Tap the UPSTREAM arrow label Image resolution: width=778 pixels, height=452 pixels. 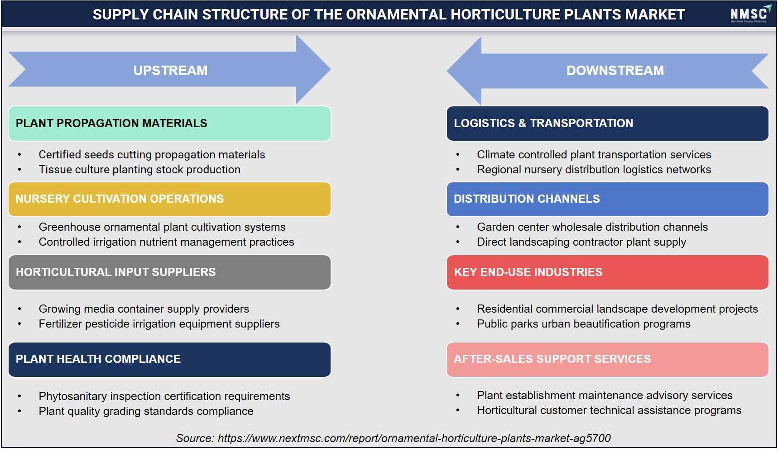[170, 71]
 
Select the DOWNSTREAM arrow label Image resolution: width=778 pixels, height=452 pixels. [615, 71]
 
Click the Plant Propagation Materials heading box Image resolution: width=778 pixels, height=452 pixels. [169, 124]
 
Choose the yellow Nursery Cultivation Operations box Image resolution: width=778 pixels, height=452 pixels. [169, 199]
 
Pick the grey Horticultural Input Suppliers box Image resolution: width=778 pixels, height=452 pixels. [169, 272]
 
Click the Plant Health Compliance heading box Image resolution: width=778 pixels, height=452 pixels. [169, 359]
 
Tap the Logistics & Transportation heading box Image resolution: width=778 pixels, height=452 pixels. [607, 124]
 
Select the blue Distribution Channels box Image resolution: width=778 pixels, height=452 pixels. [607, 199]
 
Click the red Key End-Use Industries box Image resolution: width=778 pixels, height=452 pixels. [607, 272]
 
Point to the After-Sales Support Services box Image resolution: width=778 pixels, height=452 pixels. [607, 359]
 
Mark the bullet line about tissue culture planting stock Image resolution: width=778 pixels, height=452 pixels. [139, 170]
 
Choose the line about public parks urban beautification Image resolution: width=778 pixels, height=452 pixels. [584, 324]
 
